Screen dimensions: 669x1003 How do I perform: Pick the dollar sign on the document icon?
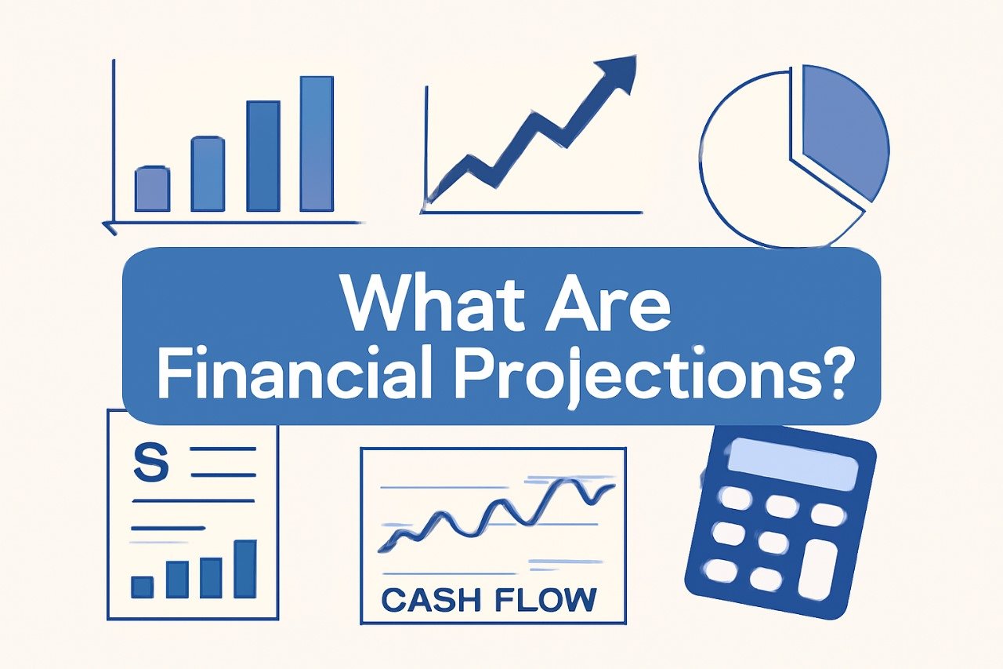pos(151,462)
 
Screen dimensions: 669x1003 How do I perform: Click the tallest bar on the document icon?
pos(245,569)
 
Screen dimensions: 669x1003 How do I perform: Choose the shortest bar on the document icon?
pos(142,587)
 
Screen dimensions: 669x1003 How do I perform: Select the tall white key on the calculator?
pos(817,569)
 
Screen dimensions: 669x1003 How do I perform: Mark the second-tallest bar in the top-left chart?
pos(263,156)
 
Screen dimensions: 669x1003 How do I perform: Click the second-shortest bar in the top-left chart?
pos(208,174)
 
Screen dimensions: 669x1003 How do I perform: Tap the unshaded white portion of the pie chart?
pos(748,173)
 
